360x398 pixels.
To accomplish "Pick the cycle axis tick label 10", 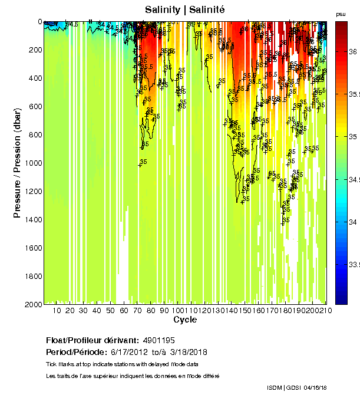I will pos(57,311).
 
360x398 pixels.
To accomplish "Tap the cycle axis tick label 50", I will pos(110,311).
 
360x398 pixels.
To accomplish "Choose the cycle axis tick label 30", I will pos(83,311).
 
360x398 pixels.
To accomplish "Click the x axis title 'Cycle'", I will pos(185,320).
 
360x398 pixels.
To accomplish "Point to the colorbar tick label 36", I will pos(353,52).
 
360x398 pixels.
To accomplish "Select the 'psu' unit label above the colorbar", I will pos(341,14).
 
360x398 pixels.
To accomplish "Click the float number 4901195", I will pos(158,340).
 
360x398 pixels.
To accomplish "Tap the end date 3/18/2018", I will pos(189,352).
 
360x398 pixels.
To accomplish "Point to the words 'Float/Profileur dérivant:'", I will pos(91,340).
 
